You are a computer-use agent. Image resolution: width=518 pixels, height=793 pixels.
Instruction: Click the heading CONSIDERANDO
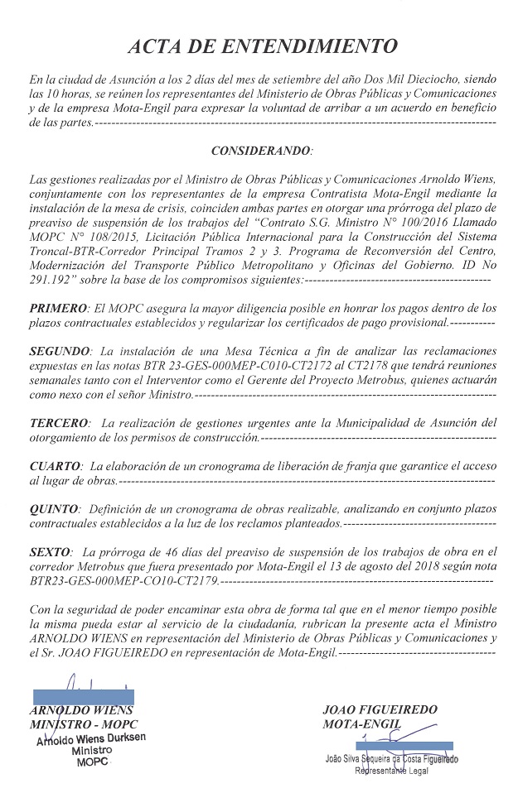(261, 151)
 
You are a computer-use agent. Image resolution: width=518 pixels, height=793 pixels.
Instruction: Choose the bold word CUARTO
(54, 467)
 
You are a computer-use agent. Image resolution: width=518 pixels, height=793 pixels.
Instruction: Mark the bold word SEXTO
(49, 551)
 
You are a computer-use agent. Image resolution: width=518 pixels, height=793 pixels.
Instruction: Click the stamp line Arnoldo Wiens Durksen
(91, 738)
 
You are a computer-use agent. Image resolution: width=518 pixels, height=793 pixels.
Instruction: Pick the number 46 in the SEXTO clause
(157, 551)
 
